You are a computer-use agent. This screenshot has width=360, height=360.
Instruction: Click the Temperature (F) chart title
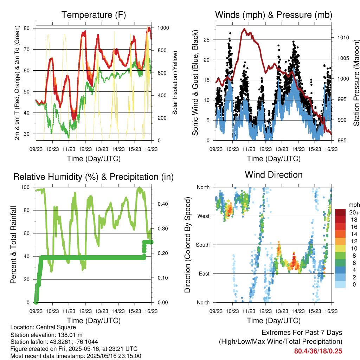[94, 15]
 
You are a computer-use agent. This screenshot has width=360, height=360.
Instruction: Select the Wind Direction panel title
[274, 175]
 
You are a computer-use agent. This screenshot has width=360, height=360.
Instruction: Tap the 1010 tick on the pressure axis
[343, 38]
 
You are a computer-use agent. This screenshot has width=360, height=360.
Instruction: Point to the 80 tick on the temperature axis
[27, 28]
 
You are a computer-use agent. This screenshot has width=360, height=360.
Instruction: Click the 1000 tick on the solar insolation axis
[163, 28]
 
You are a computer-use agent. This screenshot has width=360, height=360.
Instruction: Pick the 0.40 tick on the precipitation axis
[163, 204]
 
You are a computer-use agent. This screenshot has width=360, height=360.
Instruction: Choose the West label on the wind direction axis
[204, 216]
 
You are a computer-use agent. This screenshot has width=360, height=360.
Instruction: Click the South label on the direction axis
[203, 245]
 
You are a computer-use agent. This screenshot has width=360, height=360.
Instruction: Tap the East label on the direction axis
[204, 274]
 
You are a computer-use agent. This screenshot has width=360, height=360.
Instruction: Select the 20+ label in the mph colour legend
[354, 212]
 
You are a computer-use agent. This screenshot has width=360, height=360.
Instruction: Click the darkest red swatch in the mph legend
[340, 212]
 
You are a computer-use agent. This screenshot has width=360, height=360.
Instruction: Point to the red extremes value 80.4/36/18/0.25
[318, 351]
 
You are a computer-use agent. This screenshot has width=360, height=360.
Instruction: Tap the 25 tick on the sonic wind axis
[207, 40]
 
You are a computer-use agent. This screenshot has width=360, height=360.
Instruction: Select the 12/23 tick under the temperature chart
[85, 149]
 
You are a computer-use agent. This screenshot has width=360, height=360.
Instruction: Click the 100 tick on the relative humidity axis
[25, 187]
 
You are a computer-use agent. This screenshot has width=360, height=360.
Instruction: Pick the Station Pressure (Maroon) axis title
[356, 83]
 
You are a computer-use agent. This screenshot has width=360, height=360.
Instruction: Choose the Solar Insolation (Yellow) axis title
[175, 83]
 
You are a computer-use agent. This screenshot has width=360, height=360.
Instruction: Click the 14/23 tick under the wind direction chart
[298, 311]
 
